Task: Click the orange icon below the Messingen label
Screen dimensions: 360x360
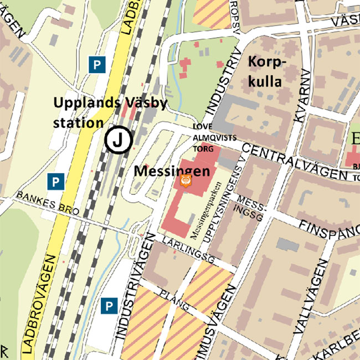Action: [x=187, y=181]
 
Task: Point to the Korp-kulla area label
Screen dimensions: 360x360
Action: [x=266, y=71]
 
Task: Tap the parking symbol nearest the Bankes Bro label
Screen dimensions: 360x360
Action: [x=55, y=181]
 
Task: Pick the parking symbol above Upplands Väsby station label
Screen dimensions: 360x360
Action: [x=97, y=64]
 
